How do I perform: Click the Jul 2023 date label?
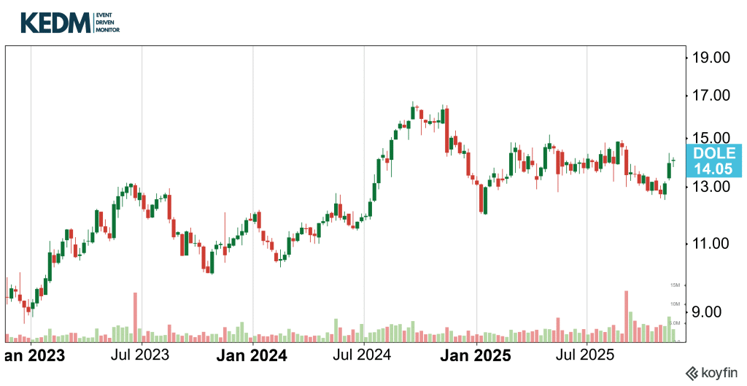(x=142, y=356)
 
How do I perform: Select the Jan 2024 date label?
(x=252, y=356)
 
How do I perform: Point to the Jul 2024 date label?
(x=363, y=356)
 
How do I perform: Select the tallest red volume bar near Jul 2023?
(x=135, y=317)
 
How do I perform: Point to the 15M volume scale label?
(x=674, y=285)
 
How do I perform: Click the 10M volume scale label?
(x=674, y=304)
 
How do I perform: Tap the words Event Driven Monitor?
(x=107, y=23)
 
